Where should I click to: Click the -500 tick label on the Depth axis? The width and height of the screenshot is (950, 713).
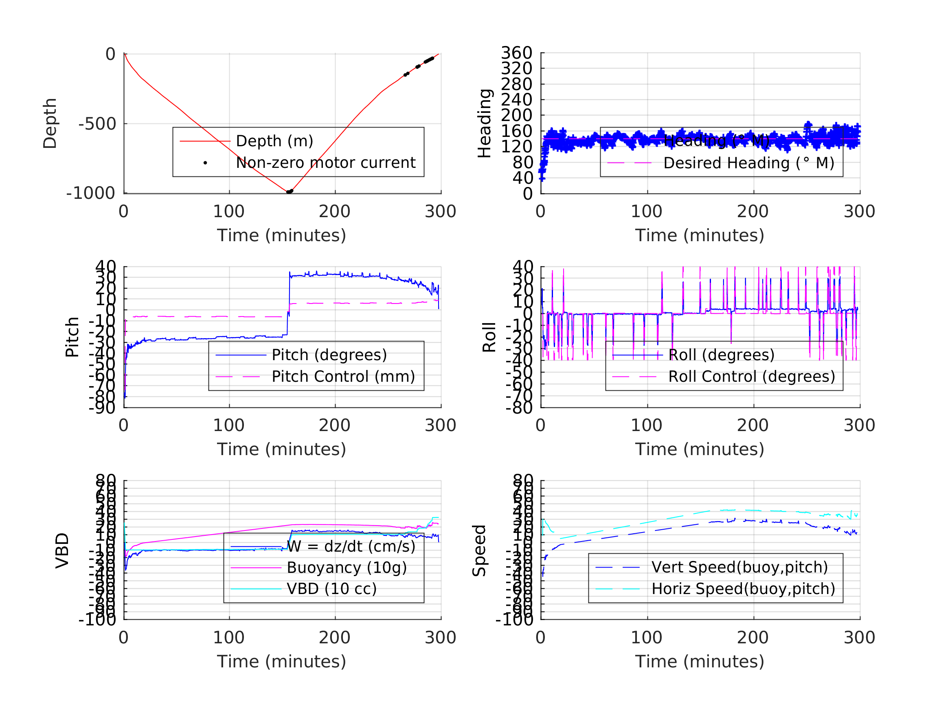97,124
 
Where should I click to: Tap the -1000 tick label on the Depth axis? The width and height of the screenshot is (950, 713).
91,194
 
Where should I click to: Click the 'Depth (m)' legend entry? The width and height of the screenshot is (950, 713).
274,141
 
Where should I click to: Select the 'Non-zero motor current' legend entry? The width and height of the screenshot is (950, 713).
325,163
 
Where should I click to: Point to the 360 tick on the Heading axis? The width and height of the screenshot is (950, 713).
516,53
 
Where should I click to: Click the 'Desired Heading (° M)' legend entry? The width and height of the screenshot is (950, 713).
748,163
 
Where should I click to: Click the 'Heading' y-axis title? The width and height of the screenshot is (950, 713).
485,123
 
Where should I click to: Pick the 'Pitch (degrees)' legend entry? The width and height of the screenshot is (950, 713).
329,355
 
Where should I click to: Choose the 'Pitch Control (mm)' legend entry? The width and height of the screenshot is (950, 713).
343,377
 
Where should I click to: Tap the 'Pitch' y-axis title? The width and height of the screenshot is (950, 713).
72,337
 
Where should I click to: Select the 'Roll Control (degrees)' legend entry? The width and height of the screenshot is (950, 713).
752,377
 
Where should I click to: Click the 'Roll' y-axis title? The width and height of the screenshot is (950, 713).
489,337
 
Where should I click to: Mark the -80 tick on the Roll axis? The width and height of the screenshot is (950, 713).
519,408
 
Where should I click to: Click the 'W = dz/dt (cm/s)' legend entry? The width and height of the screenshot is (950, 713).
351,547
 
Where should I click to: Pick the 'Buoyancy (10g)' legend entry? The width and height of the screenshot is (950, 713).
347,568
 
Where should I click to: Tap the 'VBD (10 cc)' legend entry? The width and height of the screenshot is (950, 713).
331,589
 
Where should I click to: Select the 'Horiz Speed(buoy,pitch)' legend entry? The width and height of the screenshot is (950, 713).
743,589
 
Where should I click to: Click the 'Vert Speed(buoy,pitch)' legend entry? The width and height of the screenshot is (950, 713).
739,567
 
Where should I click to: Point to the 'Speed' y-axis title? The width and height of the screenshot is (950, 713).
479,550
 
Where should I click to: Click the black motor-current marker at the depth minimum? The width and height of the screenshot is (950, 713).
290,191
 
